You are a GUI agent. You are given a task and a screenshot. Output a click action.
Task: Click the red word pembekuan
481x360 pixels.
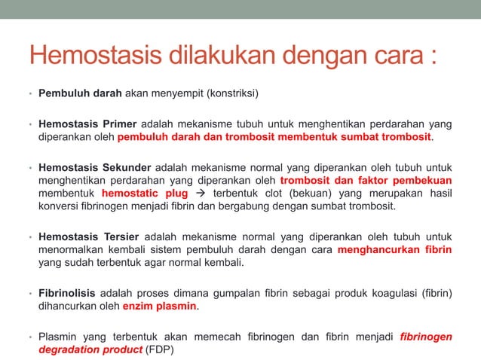coord(424,181)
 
